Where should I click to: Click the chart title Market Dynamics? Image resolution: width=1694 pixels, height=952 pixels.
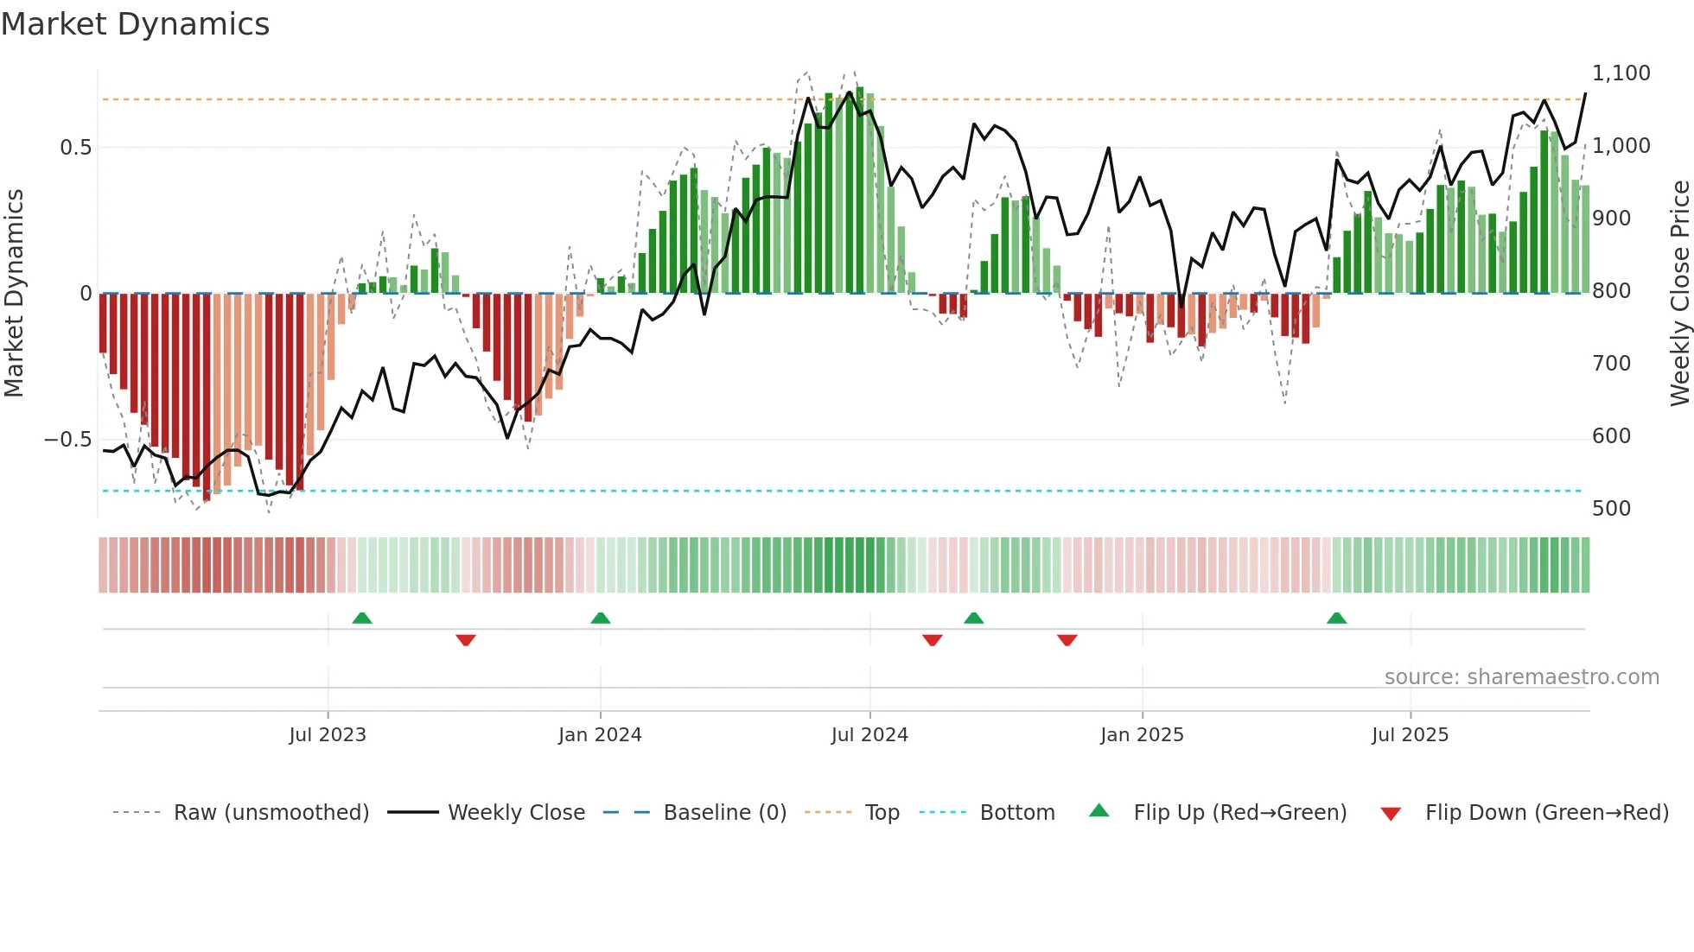pyautogui.click(x=135, y=24)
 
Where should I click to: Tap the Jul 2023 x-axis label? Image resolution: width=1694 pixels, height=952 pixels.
pyautogui.click(x=328, y=735)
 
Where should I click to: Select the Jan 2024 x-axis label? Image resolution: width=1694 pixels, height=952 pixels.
pyautogui.click(x=600, y=735)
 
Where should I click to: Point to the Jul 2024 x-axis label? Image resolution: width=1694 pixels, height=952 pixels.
pyautogui.click(x=869, y=735)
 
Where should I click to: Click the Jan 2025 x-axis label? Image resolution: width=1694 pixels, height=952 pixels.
pyautogui.click(x=1142, y=735)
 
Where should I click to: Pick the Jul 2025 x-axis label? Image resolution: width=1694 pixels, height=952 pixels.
pyautogui.click(x=1410, y=735)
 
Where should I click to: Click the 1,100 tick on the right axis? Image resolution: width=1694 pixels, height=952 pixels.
pyautogui.click(x=1621, y=73)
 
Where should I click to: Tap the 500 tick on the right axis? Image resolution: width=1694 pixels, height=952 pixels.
pyautogui.click(x=1612, y=509)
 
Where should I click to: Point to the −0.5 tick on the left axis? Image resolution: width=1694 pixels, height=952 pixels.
pyautogui.click(x=67, y=440)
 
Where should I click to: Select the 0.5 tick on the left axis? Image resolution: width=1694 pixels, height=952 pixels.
pyautogui.click(x=75, y=148)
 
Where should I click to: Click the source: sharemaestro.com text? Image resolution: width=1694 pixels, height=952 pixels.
pyautogui.click(x=1521, y=677)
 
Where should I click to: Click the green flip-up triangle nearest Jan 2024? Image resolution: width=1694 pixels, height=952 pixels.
pyautogui.click(x=601, y=618)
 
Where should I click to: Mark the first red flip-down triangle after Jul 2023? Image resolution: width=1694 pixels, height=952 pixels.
pyautogui.click(x=466, y=640)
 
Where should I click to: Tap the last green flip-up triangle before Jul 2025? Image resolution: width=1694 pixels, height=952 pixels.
pyautogui.click(x=1336, y=618)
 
